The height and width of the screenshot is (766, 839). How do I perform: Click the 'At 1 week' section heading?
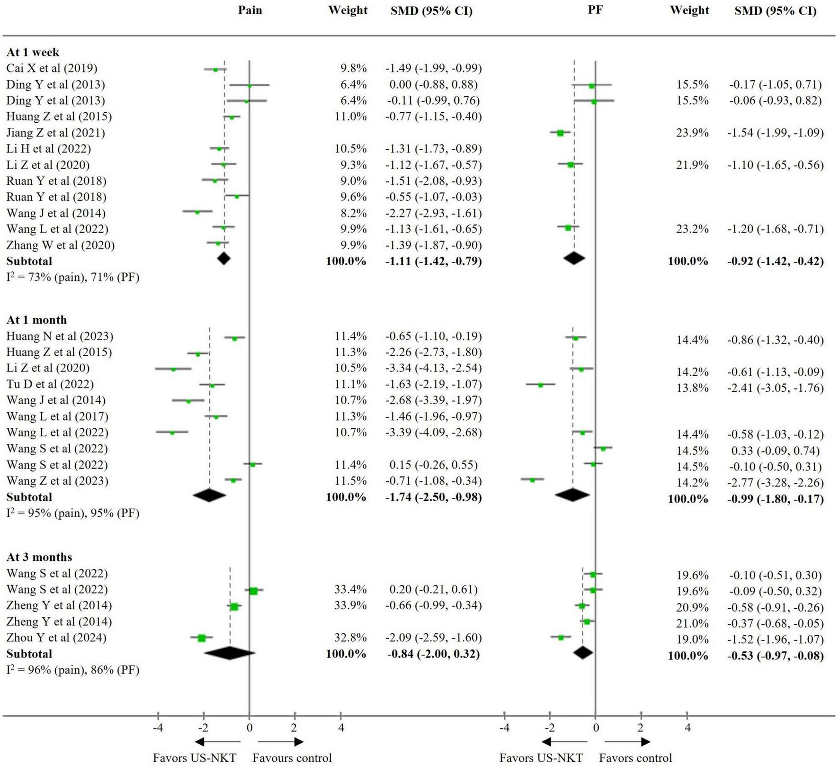pyautogui.click(x=33, y=52)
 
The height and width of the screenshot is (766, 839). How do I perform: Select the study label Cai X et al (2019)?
pyautogui.click(x=52, y=68)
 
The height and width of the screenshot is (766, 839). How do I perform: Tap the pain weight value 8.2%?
pyautogui.click(x=354, y=213)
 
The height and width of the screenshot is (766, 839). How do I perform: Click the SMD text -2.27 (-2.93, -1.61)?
pyautogui.click(x=433, y=213)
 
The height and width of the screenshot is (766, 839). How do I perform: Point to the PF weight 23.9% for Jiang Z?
pyautogui.click(x=692, y=133)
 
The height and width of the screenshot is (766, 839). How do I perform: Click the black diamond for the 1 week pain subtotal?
pyautogui.click(x=223, y=259)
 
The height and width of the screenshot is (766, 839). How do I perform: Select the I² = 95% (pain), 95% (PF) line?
pyautogui.click(x=73, y=513)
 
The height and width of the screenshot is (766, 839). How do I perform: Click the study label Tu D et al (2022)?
pyautogui.click(x=50, y=384)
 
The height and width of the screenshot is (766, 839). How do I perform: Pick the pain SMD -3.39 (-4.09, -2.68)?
pyautogui.click(x=433, y=433)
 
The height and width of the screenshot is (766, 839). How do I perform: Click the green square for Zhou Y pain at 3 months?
pyautogui.click(x=202, y=638)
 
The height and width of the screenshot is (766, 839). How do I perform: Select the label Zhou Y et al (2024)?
pyautogui.click(x=56, y=638)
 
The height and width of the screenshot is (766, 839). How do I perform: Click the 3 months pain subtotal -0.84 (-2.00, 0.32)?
pyautogui.click(x=433, y=654)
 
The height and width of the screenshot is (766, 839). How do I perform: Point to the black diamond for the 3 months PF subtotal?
pyautogui.click(x=583, y=653)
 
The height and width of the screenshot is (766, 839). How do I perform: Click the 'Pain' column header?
pyautogui.click(x=250, y=10)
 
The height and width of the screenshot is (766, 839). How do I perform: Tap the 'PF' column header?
pyautogui.click(x=595, y=10)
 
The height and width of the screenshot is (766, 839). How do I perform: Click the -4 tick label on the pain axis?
pyautogui.click(x=158, y=728)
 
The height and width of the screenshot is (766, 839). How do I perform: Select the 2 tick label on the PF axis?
pyautogui.click(x=641, y=728)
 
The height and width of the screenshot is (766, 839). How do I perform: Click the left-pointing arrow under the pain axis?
pyautogui.click(x=218, y=742)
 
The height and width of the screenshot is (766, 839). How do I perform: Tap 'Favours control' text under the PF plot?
pyautogui.click(x=635, y=758)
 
